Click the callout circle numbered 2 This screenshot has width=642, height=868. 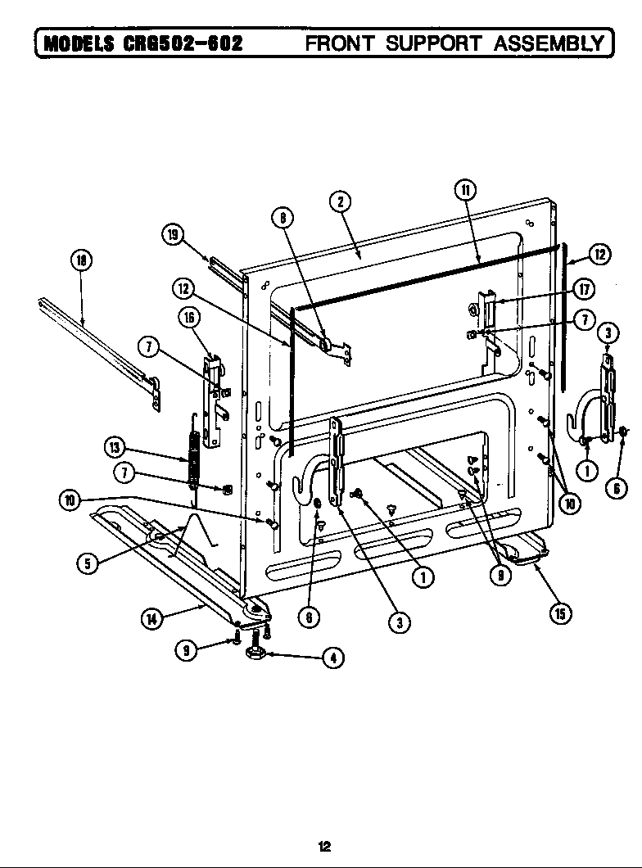point(339,201)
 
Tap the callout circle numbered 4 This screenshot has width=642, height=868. point(332,657)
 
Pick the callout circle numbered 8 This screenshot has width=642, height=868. point(281,218)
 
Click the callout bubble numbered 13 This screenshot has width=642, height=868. point(115,447)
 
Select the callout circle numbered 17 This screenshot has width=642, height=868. point(584,289)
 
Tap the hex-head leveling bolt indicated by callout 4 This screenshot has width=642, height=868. point(254,652)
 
